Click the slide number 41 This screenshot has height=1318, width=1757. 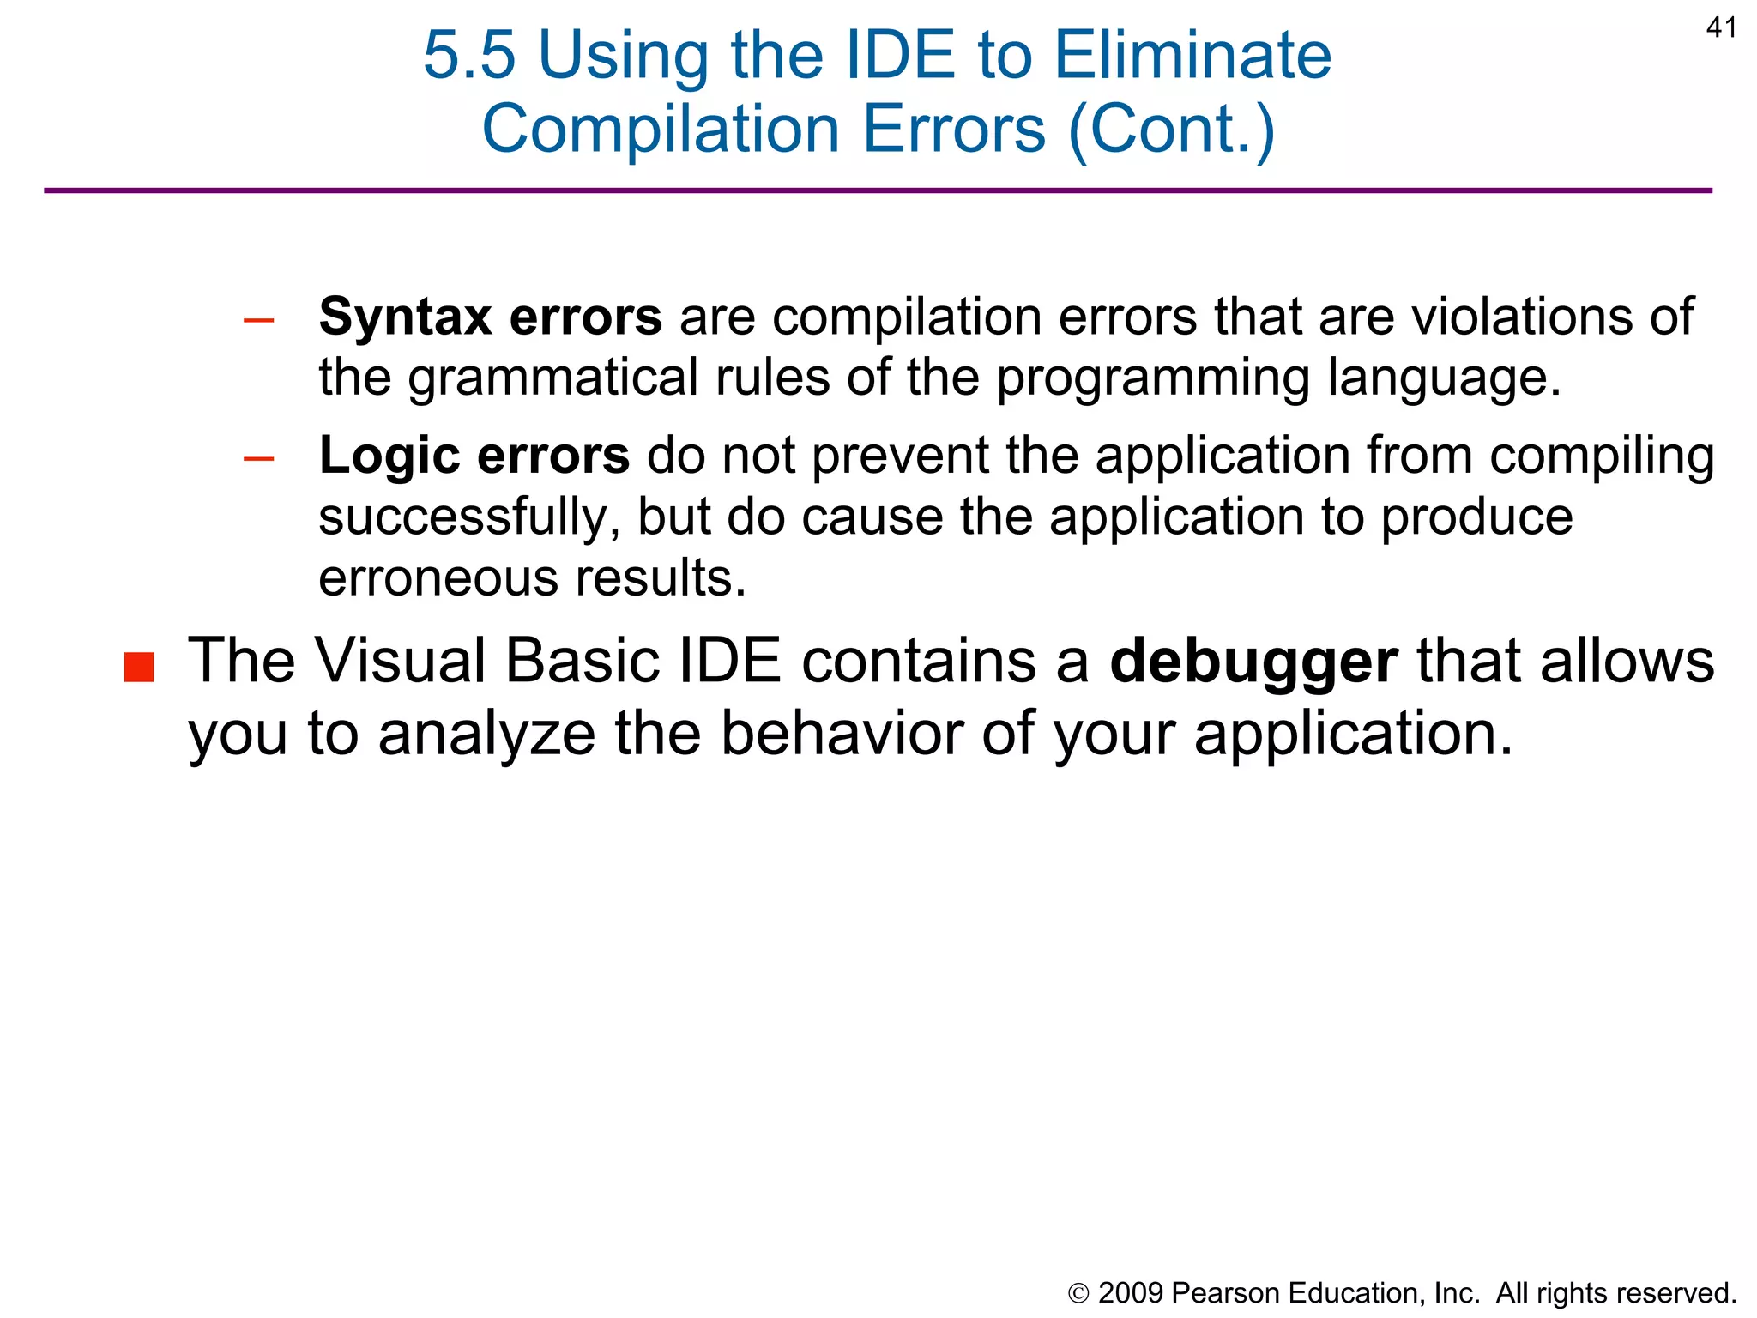pyautogui.click(x=1721, y=28)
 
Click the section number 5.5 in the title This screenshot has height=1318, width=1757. pyautogui.click(x=469, y=56)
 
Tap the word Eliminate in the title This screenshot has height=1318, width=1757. pyautogui.click(x=1192, y=56)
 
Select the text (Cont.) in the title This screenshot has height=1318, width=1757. pyautogui.click(x=1171, y=130)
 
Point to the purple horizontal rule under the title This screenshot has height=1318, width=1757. pyautogui.click(x=878, y=190)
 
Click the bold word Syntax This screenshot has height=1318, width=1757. pyautogui.click(x=405, y=317)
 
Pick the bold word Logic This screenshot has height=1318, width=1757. pyautogui.click(x=389, y=455)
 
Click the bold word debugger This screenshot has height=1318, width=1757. pyautogui.click(x=1253, y=662)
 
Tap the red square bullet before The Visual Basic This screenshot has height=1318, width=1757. pyautogui.click(x=139, y=667)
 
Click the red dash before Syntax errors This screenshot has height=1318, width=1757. pyautogui.click(x=258, y=321)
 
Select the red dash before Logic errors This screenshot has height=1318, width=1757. pyautogui.click(x=258, y=459)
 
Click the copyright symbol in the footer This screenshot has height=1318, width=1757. pyautogui.click(x=1078, y=1293)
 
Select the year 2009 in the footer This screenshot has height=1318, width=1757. pyautogui.click(x=1131, y=1292)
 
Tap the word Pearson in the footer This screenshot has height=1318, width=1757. pyautogui.click(x=1224, y=1292)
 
